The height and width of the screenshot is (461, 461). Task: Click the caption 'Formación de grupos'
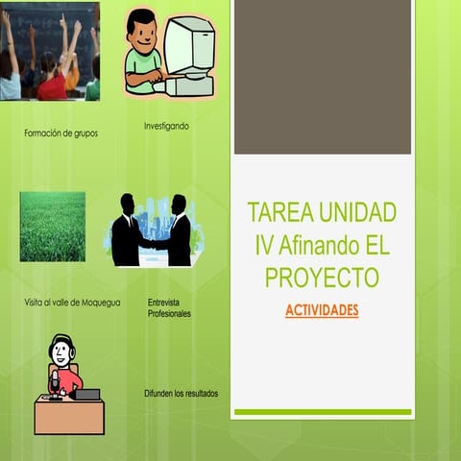click(61, 133)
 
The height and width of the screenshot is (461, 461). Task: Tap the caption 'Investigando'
click(166, 126)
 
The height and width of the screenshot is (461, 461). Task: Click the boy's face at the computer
click(143, 32)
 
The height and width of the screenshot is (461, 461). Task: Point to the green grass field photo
click(52, 227)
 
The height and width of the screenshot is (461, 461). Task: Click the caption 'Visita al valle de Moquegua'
click(72, 302)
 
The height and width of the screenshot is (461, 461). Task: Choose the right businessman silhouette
click(178, 233)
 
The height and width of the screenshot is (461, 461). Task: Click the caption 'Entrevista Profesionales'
click(169, 308)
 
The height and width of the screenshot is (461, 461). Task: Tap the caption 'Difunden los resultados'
click(181, 393)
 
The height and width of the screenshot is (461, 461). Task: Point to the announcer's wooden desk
click(69, 416)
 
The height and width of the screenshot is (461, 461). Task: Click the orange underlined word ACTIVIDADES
click(322, 311)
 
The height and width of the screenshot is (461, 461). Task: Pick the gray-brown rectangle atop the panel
click(323, 77)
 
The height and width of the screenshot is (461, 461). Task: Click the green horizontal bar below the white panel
click(323, 412)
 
